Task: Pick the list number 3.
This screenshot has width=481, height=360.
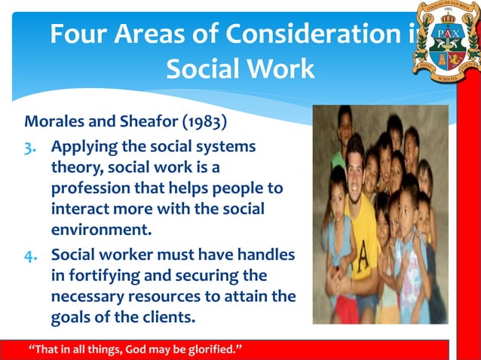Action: (32, 145)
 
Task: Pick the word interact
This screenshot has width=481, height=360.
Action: (79, 208)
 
